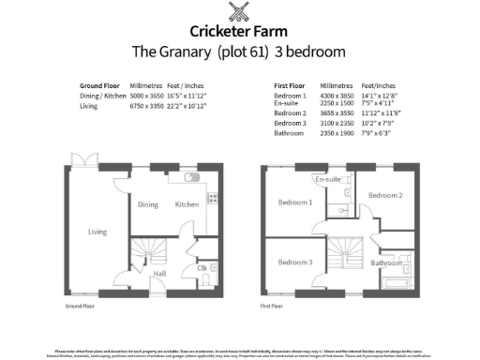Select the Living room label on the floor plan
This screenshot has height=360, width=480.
97,232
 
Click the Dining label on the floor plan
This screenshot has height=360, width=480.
148,204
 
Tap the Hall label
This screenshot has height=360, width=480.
159,274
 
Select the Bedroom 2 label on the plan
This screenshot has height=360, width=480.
384,195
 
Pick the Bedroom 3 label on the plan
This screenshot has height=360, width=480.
296,262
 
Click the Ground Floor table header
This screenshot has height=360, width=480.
97,83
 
